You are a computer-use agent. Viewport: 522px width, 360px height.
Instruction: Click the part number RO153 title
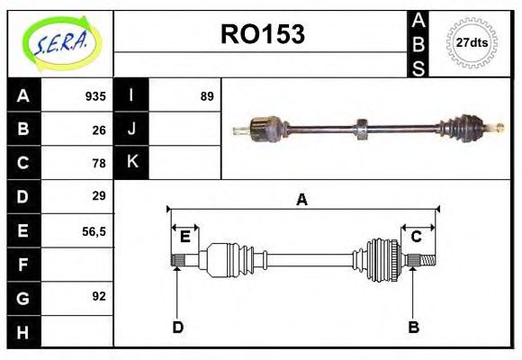(x=263, y=34)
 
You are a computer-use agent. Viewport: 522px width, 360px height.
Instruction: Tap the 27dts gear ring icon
(x=472, y=42)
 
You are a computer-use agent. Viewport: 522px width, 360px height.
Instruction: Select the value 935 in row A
(x=95, y=96)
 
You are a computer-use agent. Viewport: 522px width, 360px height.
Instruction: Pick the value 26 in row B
(x=99, y=129)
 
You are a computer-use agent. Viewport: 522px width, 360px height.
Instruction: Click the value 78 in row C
(x=99, y=163)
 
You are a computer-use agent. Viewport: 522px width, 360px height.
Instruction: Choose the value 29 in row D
(x=99, y=196)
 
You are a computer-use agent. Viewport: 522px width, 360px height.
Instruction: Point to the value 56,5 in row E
(x=94, y=230)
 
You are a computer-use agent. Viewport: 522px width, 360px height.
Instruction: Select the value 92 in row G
(x=99, y=296)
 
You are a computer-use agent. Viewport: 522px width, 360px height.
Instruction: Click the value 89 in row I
(x=207, y=96)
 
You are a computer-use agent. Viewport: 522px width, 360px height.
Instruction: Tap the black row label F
(x=23, y=264)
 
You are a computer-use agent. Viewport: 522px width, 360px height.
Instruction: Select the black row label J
(x=131, y=129)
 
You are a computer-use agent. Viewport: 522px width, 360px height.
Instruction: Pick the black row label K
(x=131, y=163)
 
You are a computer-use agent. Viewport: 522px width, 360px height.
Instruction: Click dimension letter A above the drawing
(x=302, y=200)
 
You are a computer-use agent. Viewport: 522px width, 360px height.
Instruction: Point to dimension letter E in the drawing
(x=185, y=237)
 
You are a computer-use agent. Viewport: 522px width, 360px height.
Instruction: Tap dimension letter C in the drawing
(x=417, y=237)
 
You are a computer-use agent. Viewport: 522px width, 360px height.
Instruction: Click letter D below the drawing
(x=177, y=327)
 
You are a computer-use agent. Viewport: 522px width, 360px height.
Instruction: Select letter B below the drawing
(x=414, y=327)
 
